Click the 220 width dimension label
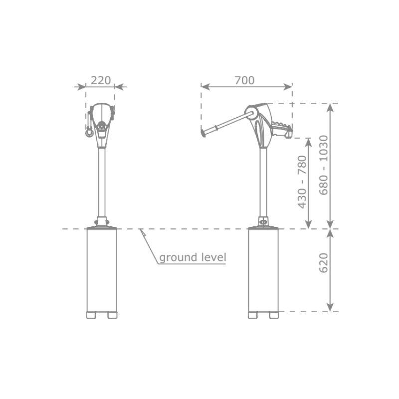101,80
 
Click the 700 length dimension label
244,80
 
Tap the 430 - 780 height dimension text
302,182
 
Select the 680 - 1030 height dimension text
324,166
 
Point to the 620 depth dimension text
324,263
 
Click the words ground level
193,257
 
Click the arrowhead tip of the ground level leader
140,229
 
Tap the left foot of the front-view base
91,315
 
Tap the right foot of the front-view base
113,315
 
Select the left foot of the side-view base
253,315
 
